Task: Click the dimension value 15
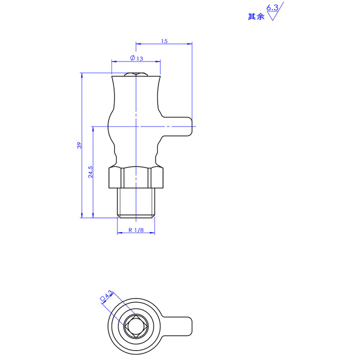tap(164, 41)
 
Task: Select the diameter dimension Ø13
tap(136, 58)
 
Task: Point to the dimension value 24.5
tap(90, 172)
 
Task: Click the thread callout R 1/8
tap(136, 230)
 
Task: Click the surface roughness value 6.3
tap(272, 8)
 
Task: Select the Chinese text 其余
tap(255, 16)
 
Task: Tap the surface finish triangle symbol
tap(273, 16)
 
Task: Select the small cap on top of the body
tap(136, 74)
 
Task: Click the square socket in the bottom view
tap(135, 327)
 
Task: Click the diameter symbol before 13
tap(131, 58)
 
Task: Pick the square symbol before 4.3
tap(102, 298)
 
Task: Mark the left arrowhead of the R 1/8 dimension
tap(119, 233)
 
